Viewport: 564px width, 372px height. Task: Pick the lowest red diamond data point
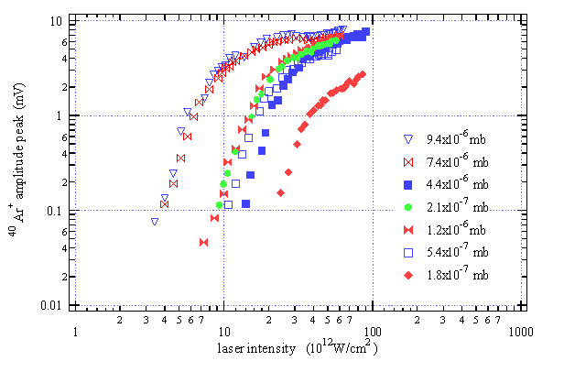coord(280,192)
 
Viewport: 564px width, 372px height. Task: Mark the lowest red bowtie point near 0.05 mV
coord(204,242)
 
